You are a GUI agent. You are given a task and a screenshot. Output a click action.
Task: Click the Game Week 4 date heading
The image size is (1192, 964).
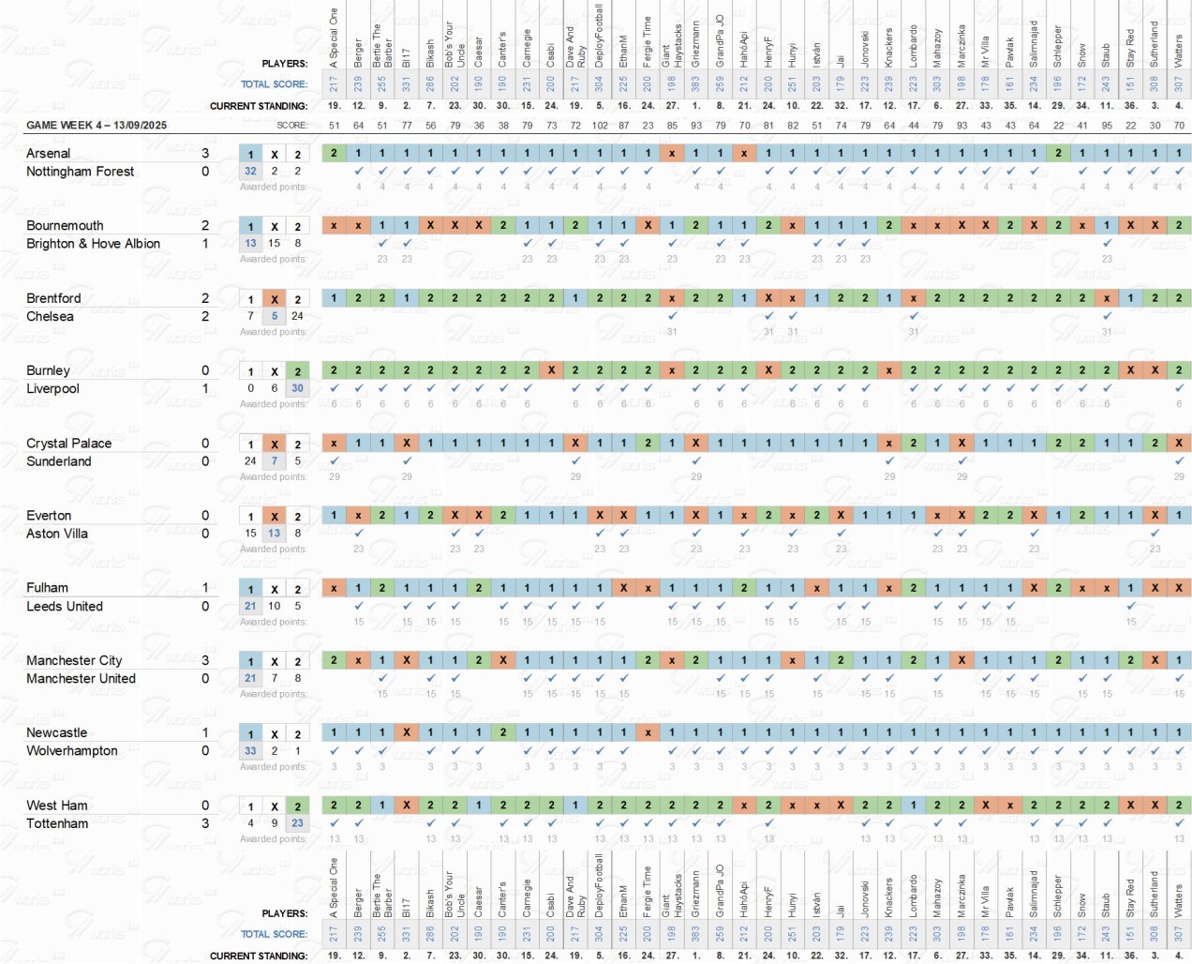point(97,125)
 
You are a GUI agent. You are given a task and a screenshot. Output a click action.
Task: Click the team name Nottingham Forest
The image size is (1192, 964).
point(80,172)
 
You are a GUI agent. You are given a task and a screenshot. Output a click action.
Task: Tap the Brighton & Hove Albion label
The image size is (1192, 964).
point(93,244)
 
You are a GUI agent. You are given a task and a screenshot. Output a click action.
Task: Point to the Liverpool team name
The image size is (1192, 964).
point(52,388)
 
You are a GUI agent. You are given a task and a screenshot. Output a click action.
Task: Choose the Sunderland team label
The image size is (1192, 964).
point(59,461)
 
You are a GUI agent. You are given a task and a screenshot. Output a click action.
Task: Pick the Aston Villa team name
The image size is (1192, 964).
point(57,534)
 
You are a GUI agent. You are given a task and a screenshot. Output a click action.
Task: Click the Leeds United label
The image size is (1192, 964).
point(65,606)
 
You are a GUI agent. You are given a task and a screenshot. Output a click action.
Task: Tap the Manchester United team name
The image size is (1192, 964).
point(81,678)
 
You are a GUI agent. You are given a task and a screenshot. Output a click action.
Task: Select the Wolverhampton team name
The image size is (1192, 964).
point(72,751)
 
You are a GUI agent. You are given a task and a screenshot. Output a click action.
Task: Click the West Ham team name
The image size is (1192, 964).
point(57,806)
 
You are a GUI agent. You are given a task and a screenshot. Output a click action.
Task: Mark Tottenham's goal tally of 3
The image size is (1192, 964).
point(205,823)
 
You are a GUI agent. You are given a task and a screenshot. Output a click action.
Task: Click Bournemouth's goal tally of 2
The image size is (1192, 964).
point(205,226)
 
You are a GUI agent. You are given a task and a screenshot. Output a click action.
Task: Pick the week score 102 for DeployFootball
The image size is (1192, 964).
point(600,125)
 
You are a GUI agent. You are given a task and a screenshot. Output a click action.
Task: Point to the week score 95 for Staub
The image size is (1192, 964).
point(1107,125)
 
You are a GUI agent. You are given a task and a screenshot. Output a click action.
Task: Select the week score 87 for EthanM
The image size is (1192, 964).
point(624,125)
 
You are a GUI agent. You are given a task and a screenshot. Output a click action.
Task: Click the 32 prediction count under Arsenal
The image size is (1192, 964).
point(250,171)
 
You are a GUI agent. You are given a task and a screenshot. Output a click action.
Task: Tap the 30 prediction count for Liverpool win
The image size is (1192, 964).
point(297,388)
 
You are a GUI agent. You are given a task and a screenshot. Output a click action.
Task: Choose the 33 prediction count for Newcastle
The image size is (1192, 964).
point(250,750)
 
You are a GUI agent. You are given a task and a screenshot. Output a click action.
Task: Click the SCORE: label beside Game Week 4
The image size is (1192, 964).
point(291,125)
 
